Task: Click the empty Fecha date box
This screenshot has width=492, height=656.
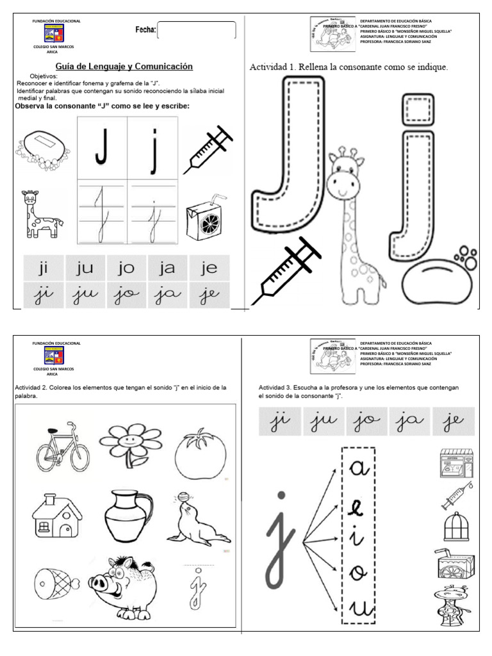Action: (197, 30)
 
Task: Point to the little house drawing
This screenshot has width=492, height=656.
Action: (56, 516)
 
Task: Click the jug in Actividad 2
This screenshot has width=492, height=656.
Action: (131, 516)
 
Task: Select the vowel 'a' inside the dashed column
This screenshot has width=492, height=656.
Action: (357, 470)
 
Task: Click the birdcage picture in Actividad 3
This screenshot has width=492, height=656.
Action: (456, 527)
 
